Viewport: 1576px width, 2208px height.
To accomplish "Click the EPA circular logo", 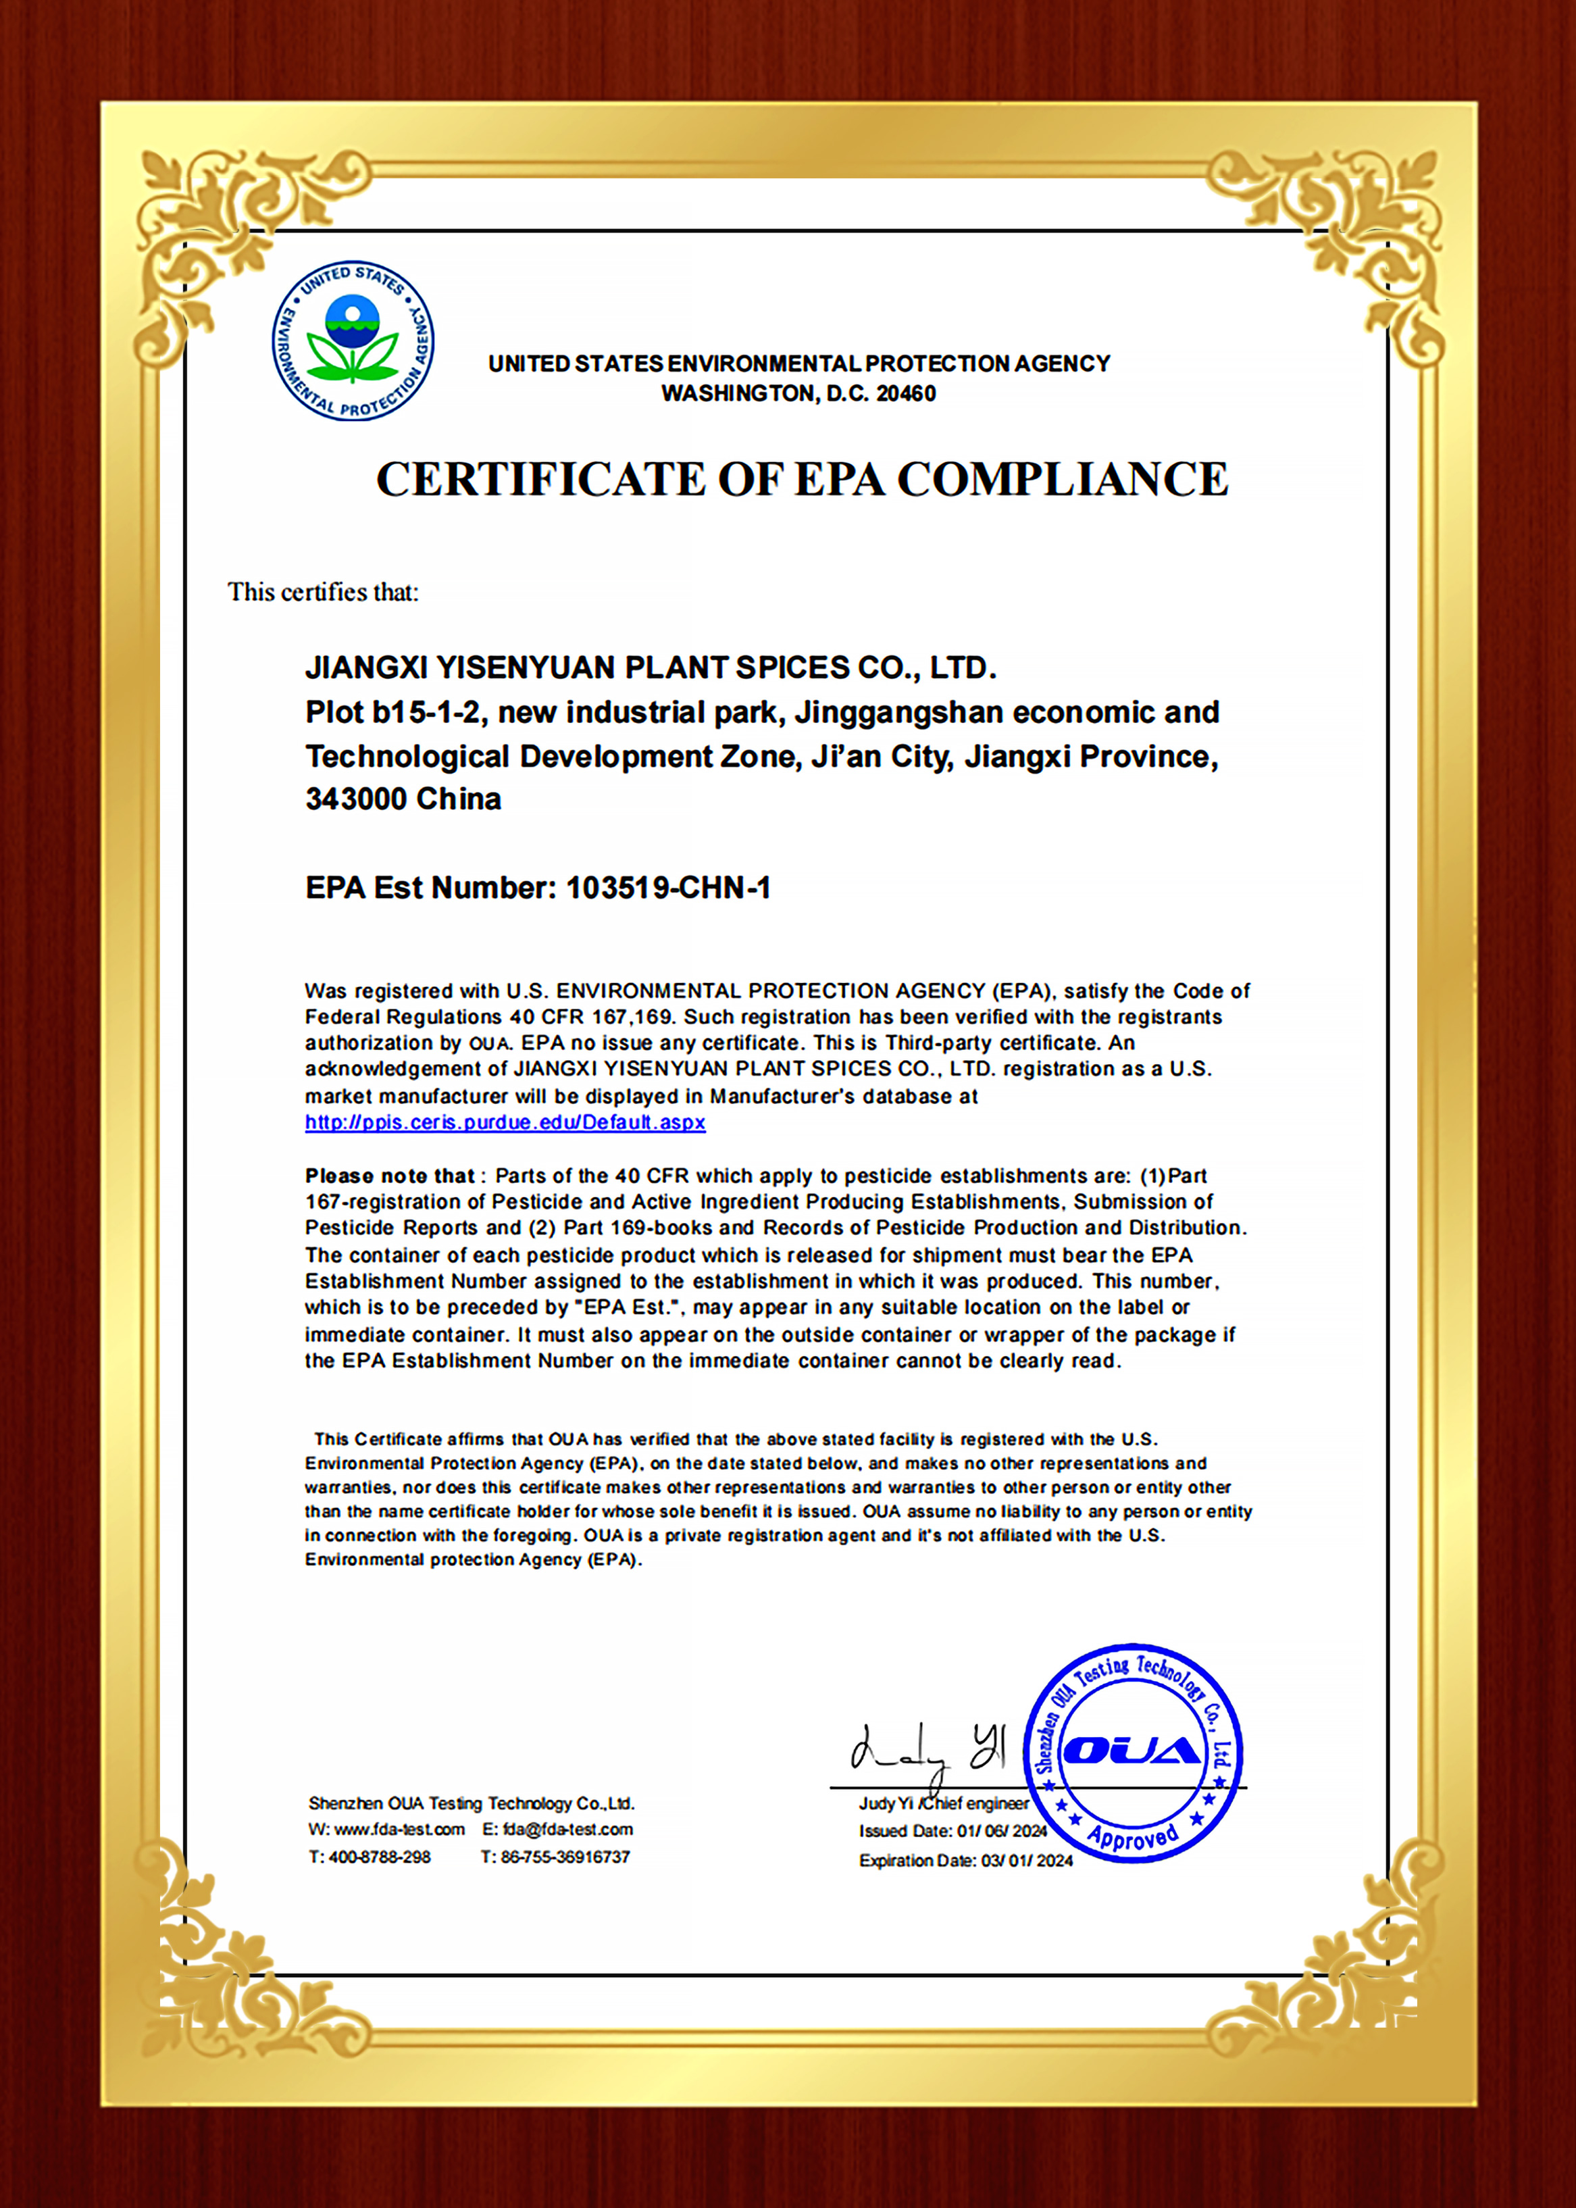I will click(x=353, y=341).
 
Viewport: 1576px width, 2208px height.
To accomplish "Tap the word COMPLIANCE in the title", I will click(x=1062, y=480).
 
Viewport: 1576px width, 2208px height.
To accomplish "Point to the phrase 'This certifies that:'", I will click(x=323, y=592).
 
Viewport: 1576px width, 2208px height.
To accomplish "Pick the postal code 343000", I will click(x=355, y=799).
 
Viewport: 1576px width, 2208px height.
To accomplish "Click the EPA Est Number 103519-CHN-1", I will click(x=667, y=888).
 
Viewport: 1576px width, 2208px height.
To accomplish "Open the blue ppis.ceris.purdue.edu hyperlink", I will click(x=505, y=1123).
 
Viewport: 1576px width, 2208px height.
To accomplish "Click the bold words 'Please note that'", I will click(x=389, y=1176).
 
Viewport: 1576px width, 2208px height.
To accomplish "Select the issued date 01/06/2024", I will click(x=1002, y=1832).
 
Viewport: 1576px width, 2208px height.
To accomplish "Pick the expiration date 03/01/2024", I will click(x=1027, y=1861).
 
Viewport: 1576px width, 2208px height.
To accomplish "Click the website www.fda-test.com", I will click(x=399, y=1830).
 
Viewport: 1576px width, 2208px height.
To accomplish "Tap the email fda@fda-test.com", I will click(x=567, y=1830).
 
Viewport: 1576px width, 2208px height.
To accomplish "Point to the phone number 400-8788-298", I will click(x=380, y=1857).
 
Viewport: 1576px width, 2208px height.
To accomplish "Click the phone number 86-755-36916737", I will click(x=565, y=1857).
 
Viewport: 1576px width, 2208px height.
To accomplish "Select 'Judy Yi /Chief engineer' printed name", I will click(x=943, y=1803).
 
